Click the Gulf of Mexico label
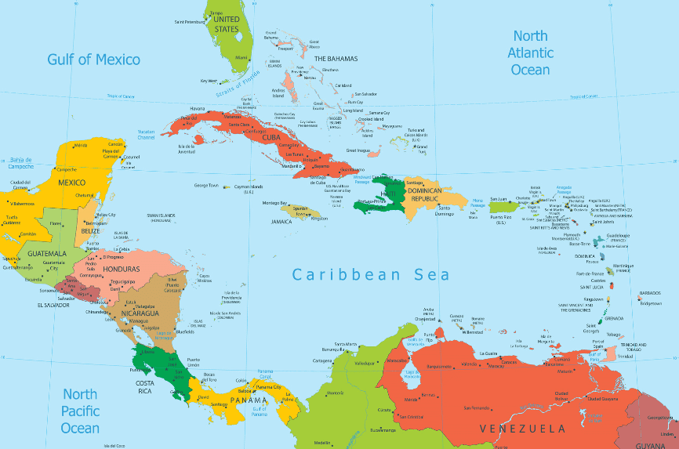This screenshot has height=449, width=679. click(93, 60)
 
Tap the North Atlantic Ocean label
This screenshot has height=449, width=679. click(530, 53)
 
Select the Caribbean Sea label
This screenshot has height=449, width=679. click(371, 274)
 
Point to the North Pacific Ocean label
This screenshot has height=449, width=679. click(80, 411)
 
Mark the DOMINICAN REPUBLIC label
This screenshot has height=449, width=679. click(432, 195)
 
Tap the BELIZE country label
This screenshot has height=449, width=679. click(91, 231)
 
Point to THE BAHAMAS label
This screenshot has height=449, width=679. click(336, 59)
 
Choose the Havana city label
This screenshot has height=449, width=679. click(197, 108)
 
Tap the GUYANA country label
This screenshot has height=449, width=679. click(654, 444)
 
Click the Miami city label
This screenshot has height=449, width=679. click(241, 57)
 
